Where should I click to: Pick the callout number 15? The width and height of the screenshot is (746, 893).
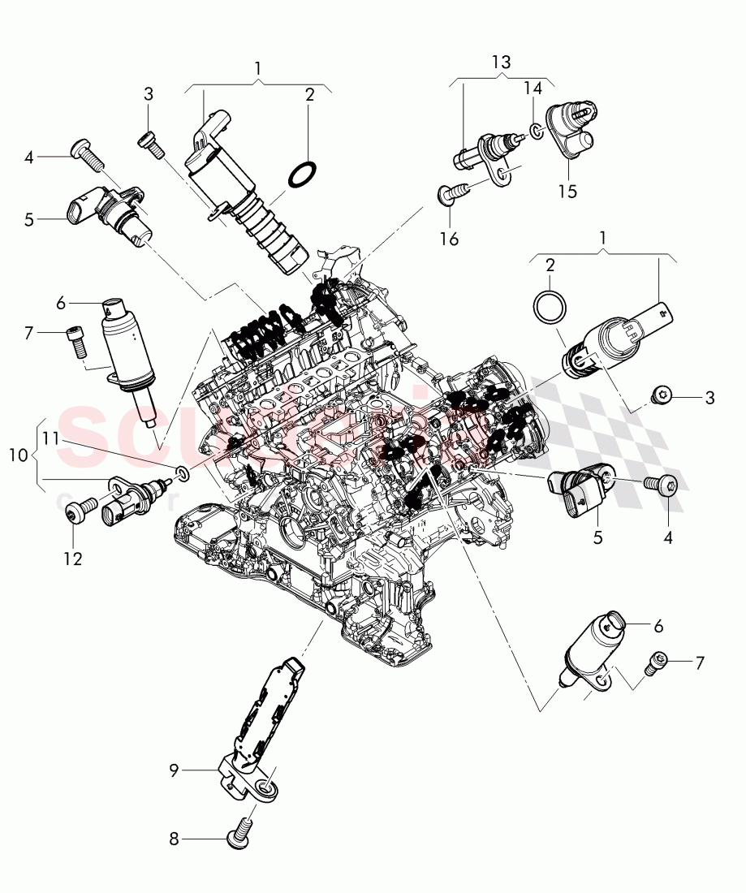(x=567, y=191)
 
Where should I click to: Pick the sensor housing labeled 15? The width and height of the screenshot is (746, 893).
(x=571, y=130)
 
